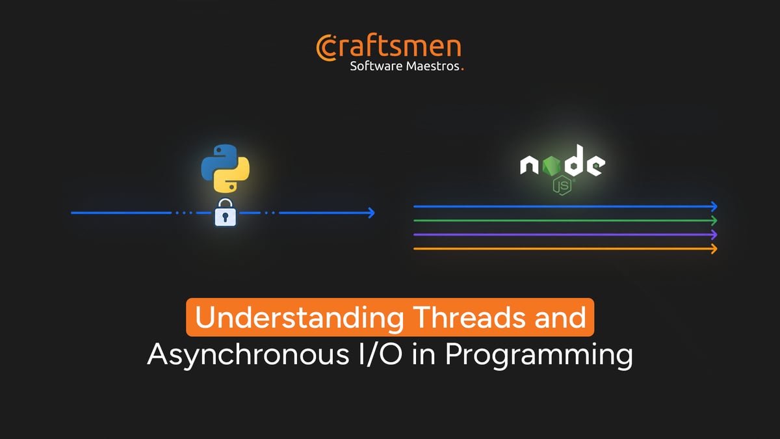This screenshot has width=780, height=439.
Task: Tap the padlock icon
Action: coord(225,213)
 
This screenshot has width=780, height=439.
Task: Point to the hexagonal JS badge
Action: coord(562,187)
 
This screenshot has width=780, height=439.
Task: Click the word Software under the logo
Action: coord(376,66)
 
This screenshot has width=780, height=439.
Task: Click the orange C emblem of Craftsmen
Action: coord(325,47)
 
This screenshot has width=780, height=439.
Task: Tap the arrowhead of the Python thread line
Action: coord(371,213)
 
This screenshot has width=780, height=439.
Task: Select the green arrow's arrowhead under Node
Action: coord(714,220)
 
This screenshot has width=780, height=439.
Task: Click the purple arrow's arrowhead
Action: coord(714,234)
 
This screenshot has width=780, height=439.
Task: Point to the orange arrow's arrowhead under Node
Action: coord(714,248)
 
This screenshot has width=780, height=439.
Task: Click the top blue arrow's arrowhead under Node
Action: coord(714,206)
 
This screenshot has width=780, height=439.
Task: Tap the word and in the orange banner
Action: coord(558,317)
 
